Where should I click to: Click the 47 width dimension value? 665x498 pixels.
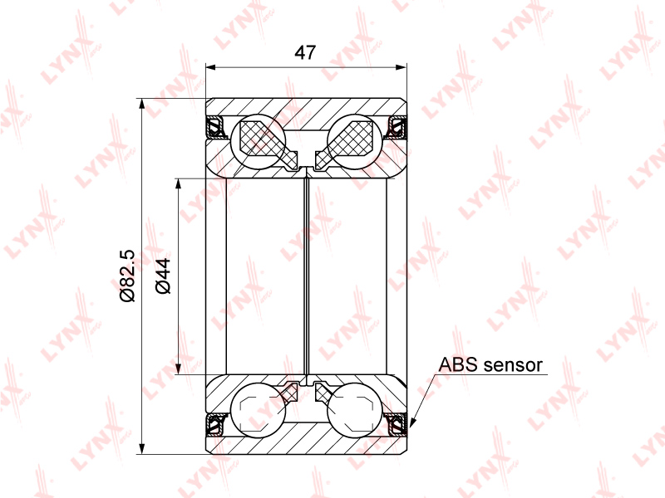305,52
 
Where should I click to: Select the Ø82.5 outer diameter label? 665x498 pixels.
127,276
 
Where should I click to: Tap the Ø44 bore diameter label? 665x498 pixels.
163,276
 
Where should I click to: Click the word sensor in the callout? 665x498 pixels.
513,365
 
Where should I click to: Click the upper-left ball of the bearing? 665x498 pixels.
259,141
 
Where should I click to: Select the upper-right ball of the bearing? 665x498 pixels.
355,141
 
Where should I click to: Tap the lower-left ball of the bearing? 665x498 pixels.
259,410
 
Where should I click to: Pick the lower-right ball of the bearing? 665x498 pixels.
355,410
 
